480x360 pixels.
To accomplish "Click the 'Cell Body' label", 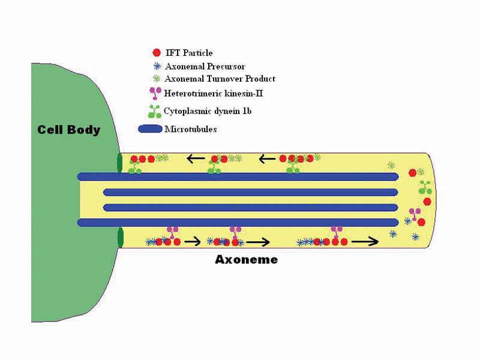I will pos(68,130).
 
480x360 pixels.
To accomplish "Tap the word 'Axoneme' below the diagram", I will pos(246,260).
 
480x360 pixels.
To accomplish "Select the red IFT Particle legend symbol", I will pos(157,53).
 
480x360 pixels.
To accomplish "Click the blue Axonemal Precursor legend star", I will pos(157,66).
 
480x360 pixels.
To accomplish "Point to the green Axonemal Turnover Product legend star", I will pos(157,79).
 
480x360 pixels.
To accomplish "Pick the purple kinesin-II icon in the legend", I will pos(156,93).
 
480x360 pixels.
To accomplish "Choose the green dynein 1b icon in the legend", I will pos(155,111).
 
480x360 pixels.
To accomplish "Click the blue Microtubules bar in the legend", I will pos(150,129).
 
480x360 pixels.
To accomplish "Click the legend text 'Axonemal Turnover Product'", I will pos(220,79).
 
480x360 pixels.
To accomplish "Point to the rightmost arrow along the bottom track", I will pos(365,242).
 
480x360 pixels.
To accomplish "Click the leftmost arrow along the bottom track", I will pos(192,242).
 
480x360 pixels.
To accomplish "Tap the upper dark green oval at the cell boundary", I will pos(119,163).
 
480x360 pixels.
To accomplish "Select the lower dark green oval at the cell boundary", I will pos(120,238).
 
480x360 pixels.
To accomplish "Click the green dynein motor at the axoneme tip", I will pos(425,187).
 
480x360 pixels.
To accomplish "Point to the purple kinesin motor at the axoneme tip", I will pos(414,214).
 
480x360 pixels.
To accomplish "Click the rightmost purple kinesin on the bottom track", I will pos(337,232).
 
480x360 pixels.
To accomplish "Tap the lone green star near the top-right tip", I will pos(391,165).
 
